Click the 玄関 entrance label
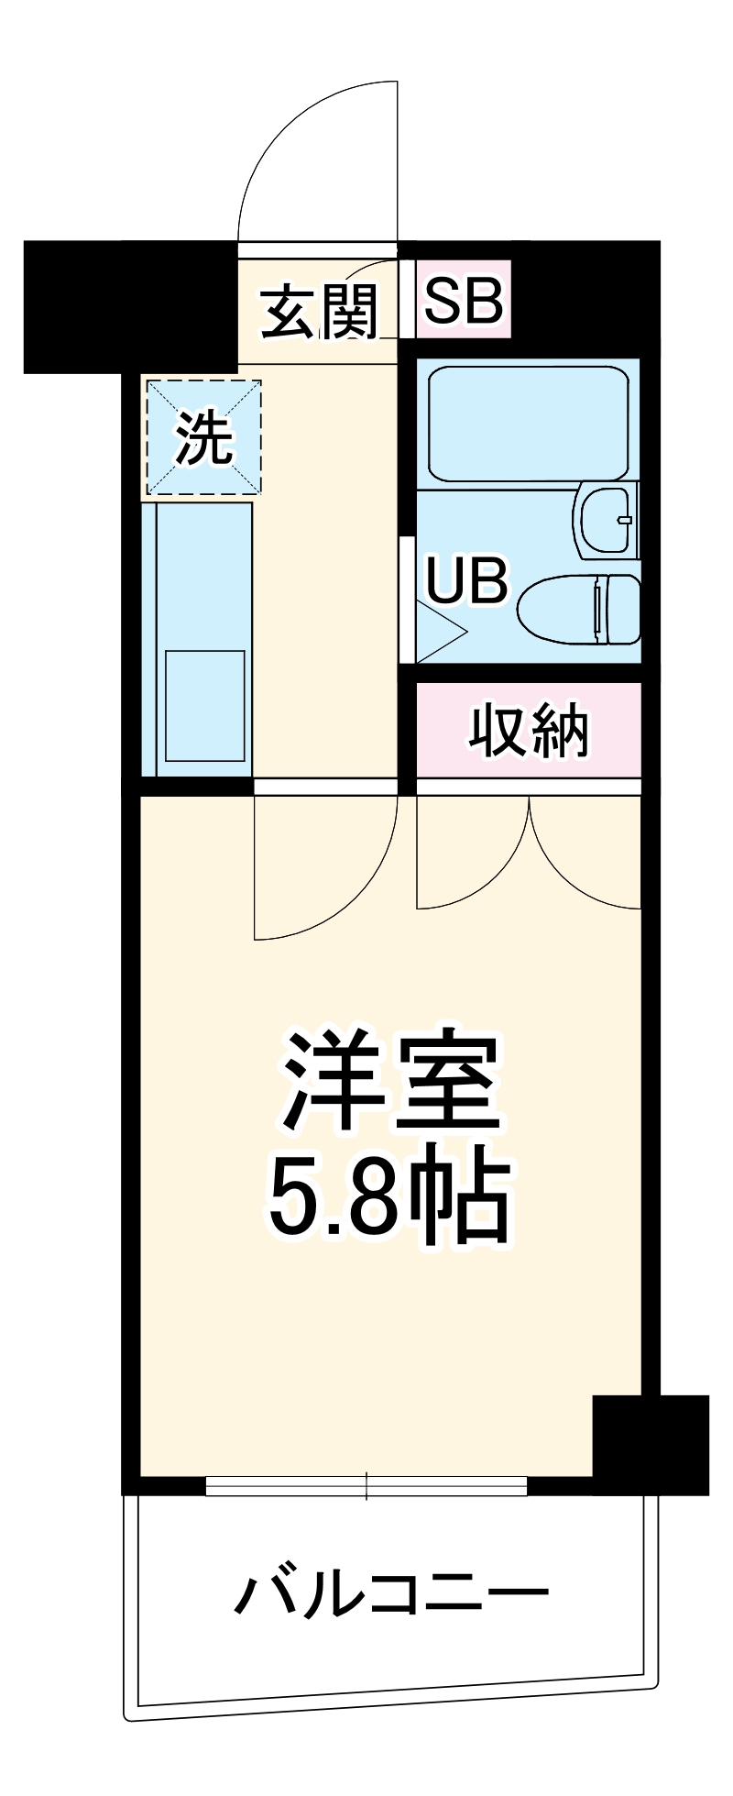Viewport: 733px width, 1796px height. (319, 312)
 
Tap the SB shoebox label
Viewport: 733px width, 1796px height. (464, 300)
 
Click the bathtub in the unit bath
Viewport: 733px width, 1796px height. (528, 424)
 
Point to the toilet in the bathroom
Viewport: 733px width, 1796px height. (579, 608)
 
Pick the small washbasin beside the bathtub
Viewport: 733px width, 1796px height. (604, 520)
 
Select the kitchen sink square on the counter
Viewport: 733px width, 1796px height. (204, 705)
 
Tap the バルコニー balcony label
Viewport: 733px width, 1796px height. (391, 1593)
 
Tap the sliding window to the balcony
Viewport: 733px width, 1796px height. (366, 1483)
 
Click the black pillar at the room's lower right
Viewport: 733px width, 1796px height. (651, 1444)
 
